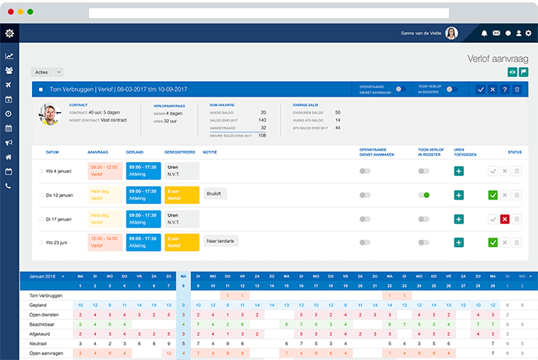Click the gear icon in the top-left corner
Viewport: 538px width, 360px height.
click(9, 33)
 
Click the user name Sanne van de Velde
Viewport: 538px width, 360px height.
click(422, 33)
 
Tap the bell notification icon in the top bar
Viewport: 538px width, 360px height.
click(483, 33)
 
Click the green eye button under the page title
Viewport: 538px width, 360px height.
click(512, 72)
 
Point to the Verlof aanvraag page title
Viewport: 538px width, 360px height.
click(495, 58)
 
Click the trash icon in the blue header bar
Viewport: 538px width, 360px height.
click(517, 90)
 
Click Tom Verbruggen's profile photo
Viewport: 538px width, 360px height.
click(50, 116)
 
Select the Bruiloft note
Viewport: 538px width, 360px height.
click(214, 192)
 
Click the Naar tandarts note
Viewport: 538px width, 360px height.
click(220, 242)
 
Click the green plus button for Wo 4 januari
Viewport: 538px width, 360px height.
click(458, 171)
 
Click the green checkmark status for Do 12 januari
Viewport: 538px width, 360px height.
click(493, 195)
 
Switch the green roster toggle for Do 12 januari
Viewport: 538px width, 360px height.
click(424, 195)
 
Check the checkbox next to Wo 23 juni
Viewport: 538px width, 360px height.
click(41, 243)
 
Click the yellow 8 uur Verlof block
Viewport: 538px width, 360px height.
click(182, 195)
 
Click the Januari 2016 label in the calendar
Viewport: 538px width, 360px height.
click(43, 276)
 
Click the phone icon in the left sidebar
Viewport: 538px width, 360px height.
click(9, 186)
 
